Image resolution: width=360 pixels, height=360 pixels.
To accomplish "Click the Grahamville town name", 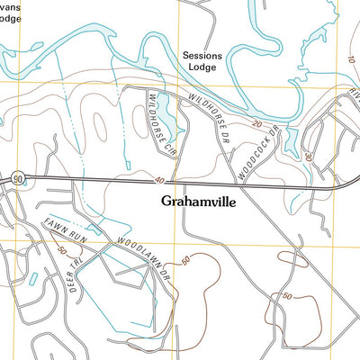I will [x=197, y=202].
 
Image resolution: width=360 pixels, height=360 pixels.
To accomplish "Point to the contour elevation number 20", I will [x=256, y=124].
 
